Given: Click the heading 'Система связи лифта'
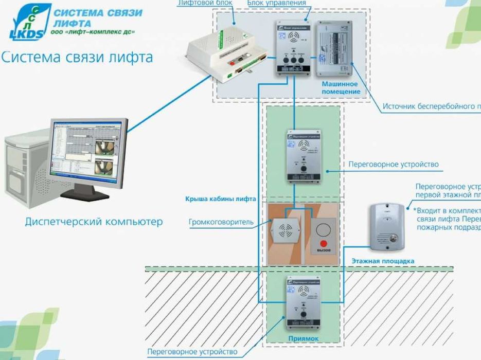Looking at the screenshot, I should click(x=77, y=57).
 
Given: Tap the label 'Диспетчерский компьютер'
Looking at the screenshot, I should click(x=94, y=222).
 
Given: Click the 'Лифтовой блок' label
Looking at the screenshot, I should click(x=205, y=3).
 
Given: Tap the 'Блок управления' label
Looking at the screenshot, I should click(x=277, y=3).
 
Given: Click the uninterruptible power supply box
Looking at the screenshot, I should click(x=334, y=47).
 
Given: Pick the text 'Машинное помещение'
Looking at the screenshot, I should click(x=341, y=87).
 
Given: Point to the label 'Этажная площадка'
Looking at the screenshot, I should click(x=383, y=261).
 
